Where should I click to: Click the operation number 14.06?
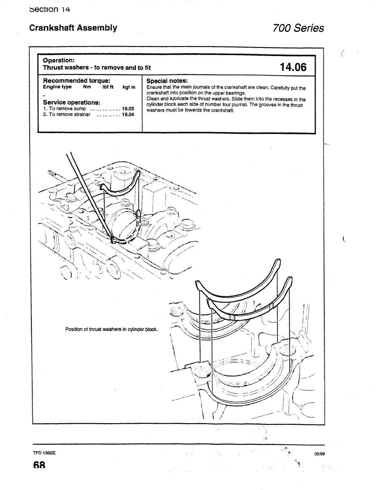pyautogui.click(x=293, y=67)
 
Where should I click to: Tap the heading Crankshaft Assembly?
pyautogui.click(x=73, y=28)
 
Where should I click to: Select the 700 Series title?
pyautogui.click(x=298, y=28)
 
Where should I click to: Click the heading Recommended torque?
pyautogui.click(x=76, y=81)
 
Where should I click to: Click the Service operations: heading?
pyautogui.click(x=71, y=102)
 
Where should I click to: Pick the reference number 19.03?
pyautogui.click(x=128, y=109)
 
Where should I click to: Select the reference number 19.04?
pyautogui.click(x=128, y=115)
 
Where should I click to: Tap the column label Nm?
pyautogui.click(x=87, y=87)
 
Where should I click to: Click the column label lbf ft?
pyautogui.click(x=108, y=87)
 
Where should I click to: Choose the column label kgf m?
pyautogui.click(x=129, y=87)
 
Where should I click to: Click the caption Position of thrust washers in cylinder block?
pyautogui.click(x=111, y=329)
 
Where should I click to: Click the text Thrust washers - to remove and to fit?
pyautogui.click(x=97, y=67)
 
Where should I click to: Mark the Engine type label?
pyautogui.click(x=57, y=87)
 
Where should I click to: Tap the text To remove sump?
pyautogui.click(x=67, y=109)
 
